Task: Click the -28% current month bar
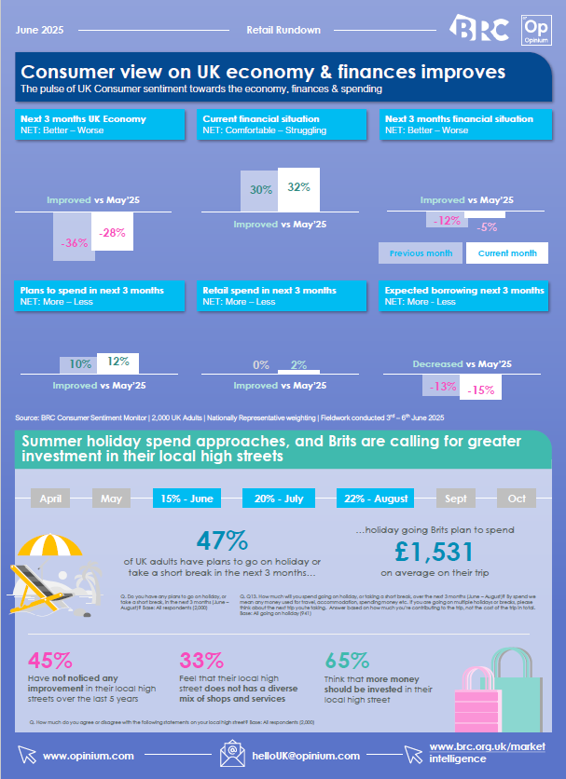pos(112,231)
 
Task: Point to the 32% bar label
pos(298,187)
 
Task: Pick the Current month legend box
pos(506,253)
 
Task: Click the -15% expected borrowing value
pos(480,389)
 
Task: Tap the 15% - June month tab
pos(187,499)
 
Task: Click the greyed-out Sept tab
pos(456,499)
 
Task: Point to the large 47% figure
pos(223,541)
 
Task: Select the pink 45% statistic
pos(50,661)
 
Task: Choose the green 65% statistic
pos(347,661)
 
